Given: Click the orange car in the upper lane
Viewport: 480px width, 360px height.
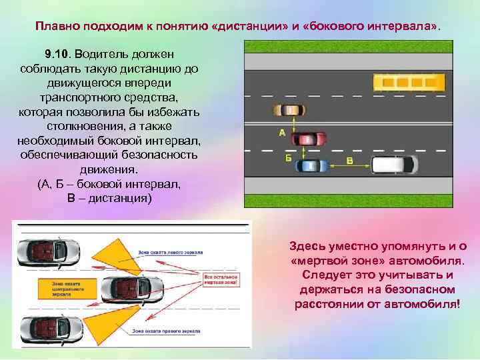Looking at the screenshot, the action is tap(288, 111).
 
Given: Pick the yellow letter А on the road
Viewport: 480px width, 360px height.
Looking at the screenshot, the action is tap(281, 133).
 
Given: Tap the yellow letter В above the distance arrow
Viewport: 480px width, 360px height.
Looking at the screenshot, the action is tap(350, 161).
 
